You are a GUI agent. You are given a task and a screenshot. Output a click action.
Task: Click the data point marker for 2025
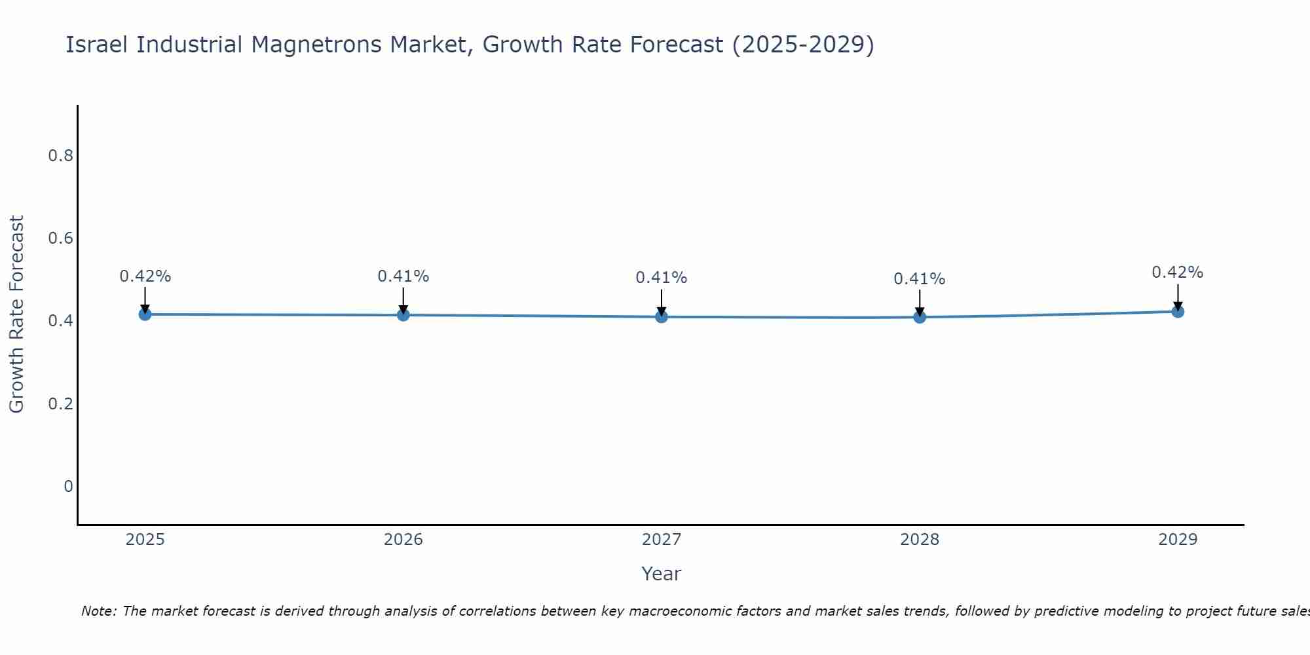(x=145, y=314)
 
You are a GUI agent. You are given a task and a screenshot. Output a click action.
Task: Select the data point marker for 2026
(x=403, y=315)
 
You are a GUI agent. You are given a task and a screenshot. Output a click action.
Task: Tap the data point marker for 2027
(x=662, y=317)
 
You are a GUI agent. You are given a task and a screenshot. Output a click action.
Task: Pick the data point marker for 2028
(x=920, y=317)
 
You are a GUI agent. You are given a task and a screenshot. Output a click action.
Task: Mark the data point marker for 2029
(x=1178, y=311)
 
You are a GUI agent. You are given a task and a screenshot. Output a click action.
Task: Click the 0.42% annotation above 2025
(x=145, y=276)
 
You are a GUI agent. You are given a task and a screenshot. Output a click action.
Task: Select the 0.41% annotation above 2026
(x=403, y=276)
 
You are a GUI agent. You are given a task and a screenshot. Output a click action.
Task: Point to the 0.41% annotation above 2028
(x=920, y=279)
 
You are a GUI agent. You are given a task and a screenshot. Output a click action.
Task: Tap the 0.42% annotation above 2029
(x=1178, y=272)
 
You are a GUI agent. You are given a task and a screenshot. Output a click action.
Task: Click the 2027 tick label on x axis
(x=662, y=540)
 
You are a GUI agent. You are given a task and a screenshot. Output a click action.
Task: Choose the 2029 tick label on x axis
(x=1178, y=540)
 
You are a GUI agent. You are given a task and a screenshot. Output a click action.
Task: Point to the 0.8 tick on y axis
(x=60, y=156)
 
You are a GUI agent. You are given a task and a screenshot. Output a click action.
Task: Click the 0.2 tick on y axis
(x=60, y=403)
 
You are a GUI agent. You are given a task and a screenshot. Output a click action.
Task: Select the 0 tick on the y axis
(x=68, y=486)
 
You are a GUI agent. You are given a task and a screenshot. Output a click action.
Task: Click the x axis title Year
(x=662, y=574)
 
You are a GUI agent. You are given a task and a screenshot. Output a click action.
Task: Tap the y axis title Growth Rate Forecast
(x=17, y=314)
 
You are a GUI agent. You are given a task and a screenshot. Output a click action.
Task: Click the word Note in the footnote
(x=98, y=611)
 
